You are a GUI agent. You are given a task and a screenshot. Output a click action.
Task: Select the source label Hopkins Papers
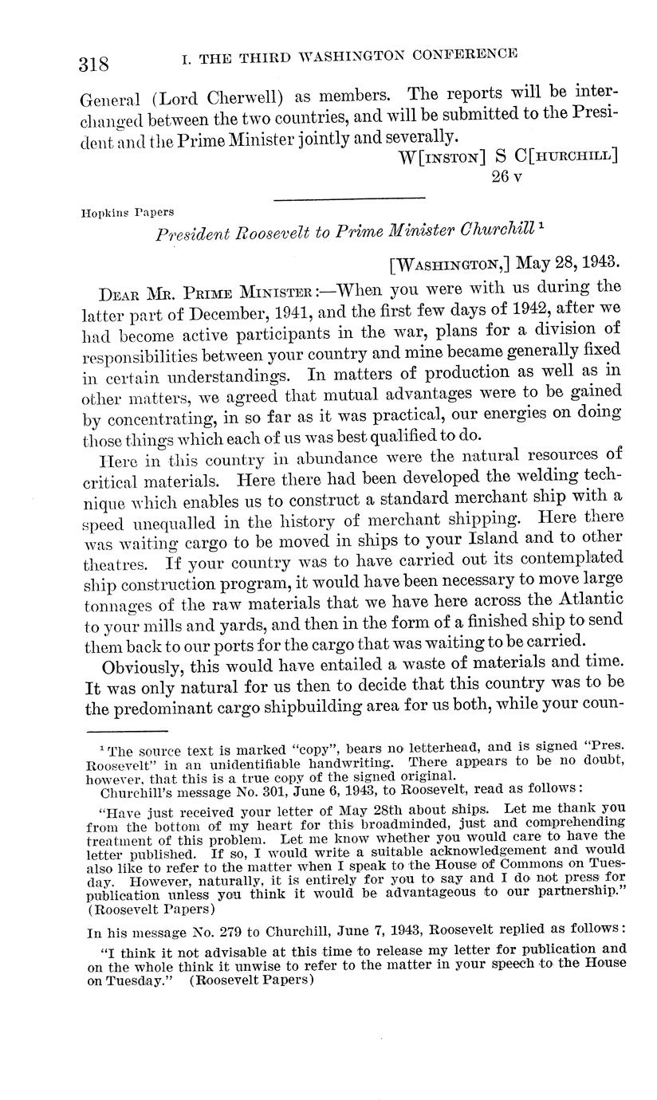coord(128,213)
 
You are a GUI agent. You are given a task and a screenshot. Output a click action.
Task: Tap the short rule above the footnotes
coord(127,730)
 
